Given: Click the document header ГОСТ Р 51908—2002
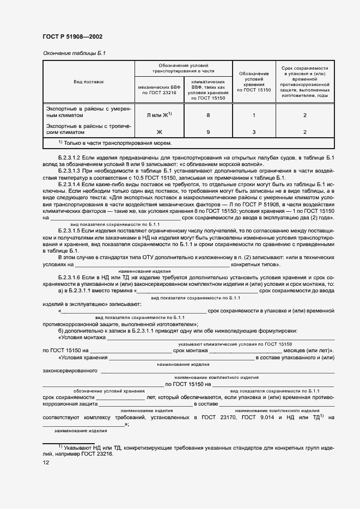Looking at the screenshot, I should [72, 37].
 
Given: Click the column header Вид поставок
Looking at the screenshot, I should [89, 82].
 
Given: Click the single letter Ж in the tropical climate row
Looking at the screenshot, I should [159, 132].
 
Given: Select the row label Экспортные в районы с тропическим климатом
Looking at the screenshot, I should [89, 129].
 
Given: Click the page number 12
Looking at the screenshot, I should [46, 462].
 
